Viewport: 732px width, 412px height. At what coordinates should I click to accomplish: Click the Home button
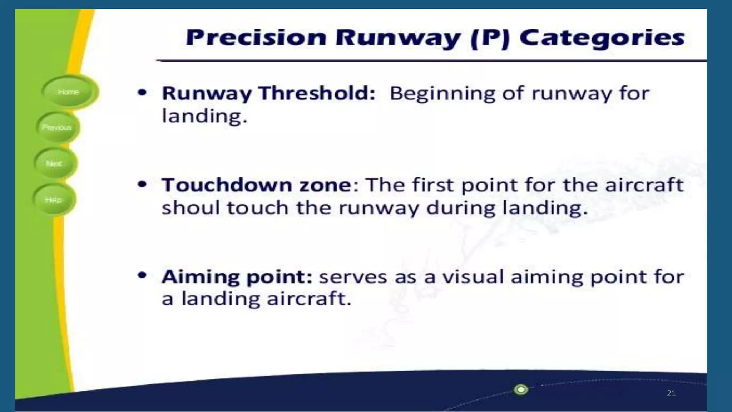tap(69, 92)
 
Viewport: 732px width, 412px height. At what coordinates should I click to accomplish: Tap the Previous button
tap(57, 127)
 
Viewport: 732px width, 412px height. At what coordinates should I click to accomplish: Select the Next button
tap(54, 163)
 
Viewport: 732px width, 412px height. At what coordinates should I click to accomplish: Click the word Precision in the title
tap(256, 37)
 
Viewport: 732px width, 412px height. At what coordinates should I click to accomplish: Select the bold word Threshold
tap(317, 93)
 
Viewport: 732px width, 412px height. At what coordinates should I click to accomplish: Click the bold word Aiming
tap(201, 277)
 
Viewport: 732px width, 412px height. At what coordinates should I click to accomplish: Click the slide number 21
tap(671, 393)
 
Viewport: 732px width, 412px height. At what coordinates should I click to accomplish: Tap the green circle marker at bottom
tap(521, 389)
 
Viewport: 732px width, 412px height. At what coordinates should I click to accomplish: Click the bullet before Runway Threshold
tap(142, 93)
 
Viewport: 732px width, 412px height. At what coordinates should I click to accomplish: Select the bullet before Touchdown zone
tap(142, 185)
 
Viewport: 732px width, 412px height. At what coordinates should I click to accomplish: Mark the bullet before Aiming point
tap(142, 275)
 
